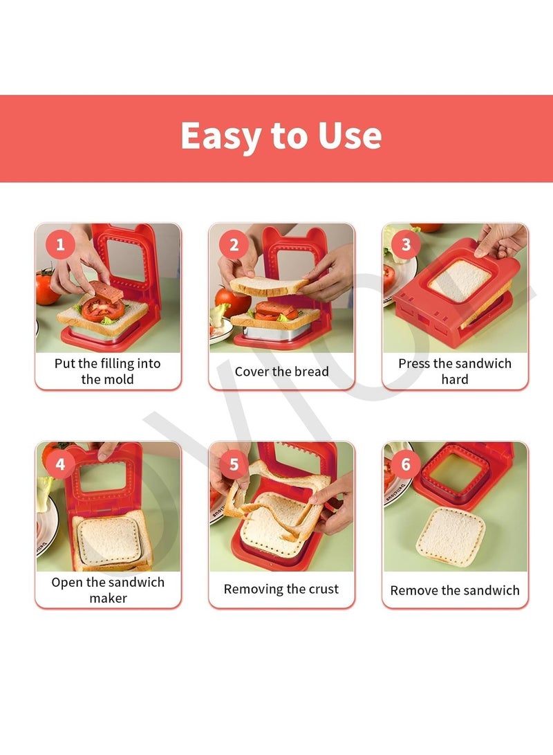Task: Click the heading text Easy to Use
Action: coord(281,136)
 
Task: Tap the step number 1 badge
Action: coord(60,244)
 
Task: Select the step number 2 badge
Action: coord(234,244)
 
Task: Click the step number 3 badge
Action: coord(406,244)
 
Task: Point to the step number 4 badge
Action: coord(60,464)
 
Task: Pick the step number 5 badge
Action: coord(234,464)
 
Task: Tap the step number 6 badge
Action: coord(406,464)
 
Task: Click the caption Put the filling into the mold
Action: coord(107,371)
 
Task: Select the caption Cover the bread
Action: coord(281,372)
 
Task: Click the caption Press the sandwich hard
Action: coord(455,371)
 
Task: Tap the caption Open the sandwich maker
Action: coord(108,590)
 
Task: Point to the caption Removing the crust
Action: coord(281,590)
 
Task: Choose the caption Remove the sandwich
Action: coord(455,590)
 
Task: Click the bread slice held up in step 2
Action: coord(269,285)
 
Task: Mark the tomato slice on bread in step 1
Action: coord(102,309)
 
